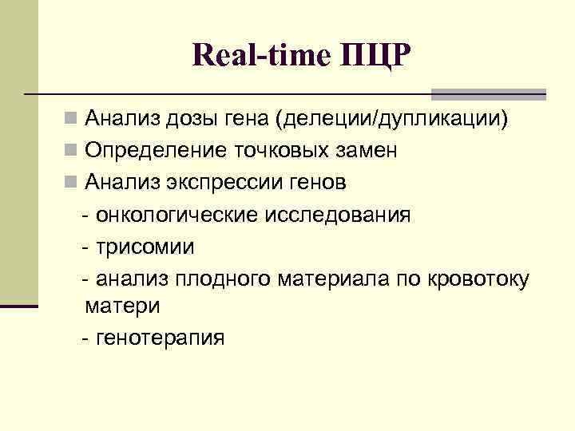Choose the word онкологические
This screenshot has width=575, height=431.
coord(174,214)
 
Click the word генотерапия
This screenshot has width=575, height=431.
coord(160,338)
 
